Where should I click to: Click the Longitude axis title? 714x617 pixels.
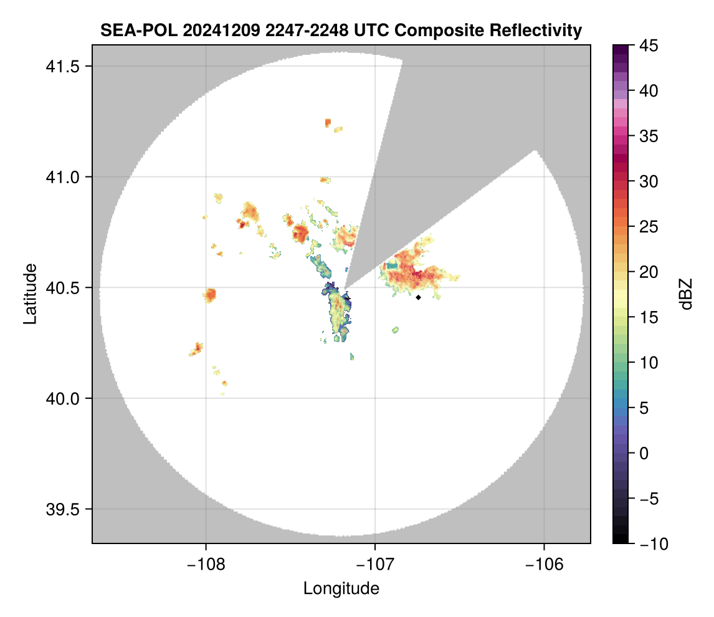[x=341, y=588]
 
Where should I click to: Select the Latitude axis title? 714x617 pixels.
[x=30, y=293]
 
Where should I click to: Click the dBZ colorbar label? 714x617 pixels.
[x=686, y=294]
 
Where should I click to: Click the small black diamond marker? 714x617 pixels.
[x=418, y=297]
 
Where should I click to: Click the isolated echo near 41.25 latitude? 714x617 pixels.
[x=328, y=123]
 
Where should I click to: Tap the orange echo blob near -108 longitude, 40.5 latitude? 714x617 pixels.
[x=210, y=294]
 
